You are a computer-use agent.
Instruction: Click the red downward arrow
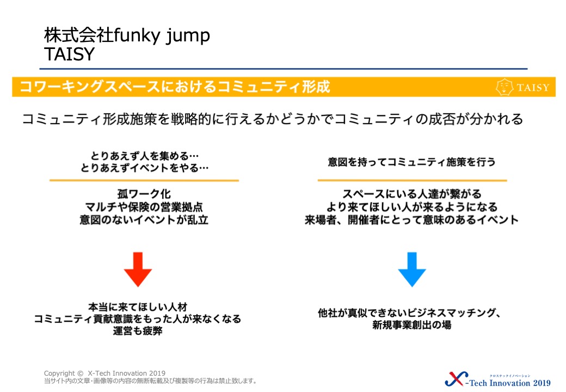(138, 269)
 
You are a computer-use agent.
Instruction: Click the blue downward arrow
(412, 269)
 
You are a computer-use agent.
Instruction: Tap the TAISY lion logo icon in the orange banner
(505, 87)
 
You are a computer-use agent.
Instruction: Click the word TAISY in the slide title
(69, 54)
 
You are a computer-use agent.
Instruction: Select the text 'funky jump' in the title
(162, 36)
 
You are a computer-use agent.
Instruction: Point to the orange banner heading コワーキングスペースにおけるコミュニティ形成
(175, 87)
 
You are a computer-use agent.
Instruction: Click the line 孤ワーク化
(144, 194)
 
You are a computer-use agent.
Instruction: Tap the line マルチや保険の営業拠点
(144, 207)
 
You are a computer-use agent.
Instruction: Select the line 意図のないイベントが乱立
(144, 220)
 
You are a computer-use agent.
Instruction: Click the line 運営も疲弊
(138, 330)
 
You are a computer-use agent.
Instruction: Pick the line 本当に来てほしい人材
(138, 307)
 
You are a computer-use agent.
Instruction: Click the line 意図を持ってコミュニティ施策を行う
(411, 162)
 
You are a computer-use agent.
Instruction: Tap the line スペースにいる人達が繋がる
(412, 194)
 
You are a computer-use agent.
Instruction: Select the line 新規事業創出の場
(412, 325)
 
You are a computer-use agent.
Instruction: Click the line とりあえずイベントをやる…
(144, 168)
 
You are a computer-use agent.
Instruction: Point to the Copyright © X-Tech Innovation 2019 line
(104, 373)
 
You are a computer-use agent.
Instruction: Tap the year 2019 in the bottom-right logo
(542, 383)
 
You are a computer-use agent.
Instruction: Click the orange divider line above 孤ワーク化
(144, 180)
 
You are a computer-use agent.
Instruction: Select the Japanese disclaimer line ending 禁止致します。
(151, 381)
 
